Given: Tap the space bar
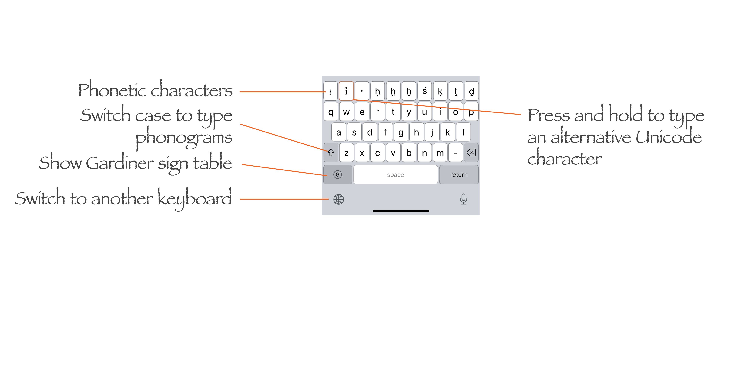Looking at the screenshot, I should pos(395,175).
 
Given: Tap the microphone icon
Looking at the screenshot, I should pos(463,199).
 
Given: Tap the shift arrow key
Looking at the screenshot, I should pos(331,153).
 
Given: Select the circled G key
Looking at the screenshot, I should pos(338,175).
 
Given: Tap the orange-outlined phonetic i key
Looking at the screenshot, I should pos(346,91).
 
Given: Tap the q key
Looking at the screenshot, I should pos(331,112).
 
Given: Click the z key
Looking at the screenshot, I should pos(346,153).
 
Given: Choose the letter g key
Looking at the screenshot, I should pos(401,132).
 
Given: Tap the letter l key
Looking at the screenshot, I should pos(463,132).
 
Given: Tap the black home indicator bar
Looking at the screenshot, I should pos(401,211).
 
